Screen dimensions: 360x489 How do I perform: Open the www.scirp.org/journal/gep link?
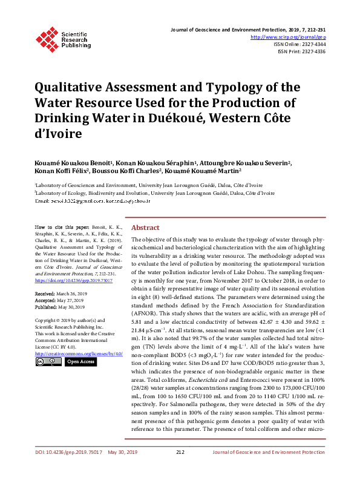click(x=288, y=37)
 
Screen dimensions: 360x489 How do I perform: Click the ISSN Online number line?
click(x=299, y=44)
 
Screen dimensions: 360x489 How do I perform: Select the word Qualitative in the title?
click(x=72, y=88)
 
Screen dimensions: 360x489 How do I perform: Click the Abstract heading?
click(x=145, y=228)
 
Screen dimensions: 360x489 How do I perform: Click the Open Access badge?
click(x=80, y=361)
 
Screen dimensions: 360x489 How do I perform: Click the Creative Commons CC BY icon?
click(x=48, y=361)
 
